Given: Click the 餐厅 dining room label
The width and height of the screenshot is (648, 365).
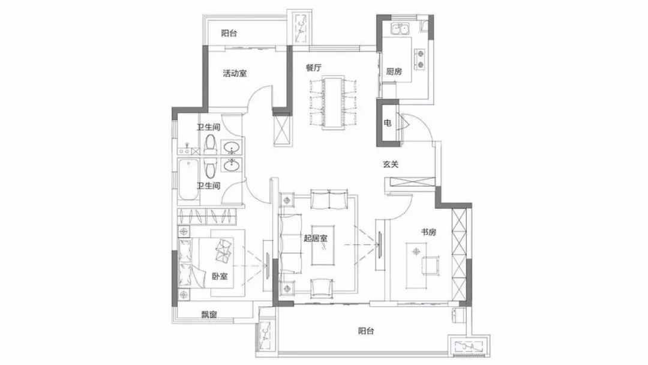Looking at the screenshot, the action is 314,68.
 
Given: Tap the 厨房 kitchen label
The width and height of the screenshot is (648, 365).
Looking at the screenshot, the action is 394,71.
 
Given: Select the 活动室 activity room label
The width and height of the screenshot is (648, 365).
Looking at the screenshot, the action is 235,74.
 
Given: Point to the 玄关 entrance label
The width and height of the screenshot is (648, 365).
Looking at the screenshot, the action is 391,164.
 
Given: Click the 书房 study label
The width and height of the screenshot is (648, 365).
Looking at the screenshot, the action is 428,232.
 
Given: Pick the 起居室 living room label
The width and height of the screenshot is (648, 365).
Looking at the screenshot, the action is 316,238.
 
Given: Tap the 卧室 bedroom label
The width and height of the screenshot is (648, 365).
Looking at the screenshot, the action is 220,276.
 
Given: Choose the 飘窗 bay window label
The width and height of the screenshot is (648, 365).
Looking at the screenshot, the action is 209,315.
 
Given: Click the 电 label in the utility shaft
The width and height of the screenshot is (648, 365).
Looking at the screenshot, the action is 387,123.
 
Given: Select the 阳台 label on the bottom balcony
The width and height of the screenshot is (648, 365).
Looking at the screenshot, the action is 366,331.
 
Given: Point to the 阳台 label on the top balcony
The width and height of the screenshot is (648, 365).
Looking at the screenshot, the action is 229,34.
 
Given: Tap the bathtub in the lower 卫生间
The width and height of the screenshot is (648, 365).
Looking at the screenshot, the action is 188,179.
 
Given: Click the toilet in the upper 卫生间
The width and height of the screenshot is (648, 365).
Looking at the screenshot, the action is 211,144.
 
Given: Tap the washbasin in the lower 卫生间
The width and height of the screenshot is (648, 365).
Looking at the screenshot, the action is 232,165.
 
